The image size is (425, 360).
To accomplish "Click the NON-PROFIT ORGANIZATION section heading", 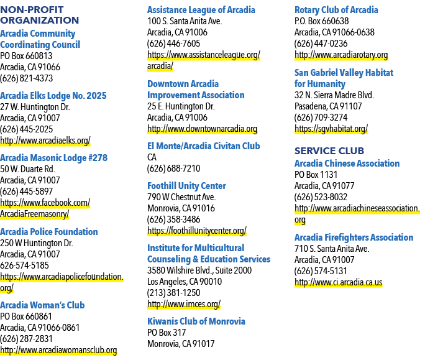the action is pos(40,15).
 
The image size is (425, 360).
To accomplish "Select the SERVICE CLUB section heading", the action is pos(329,151).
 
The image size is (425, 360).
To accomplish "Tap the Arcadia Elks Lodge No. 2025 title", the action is pos(53,96).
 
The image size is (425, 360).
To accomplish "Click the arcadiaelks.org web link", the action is pos(45,141).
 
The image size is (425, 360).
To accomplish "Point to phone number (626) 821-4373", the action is pos(27,78).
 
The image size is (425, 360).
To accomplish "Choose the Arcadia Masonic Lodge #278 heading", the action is pos(53,158).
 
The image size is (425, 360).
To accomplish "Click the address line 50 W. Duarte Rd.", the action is pos(27,169).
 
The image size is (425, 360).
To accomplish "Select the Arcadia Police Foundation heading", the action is pos(49,232).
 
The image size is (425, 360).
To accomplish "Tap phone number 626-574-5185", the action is pos(24,265).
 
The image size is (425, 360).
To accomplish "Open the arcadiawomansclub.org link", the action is pos(58,350).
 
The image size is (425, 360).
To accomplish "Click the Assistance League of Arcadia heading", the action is pos(201,10).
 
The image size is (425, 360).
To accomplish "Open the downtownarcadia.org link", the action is pos(202,129).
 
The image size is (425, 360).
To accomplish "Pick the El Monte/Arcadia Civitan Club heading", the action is pos(204,146).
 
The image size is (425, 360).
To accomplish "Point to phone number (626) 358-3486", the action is pos(174,219).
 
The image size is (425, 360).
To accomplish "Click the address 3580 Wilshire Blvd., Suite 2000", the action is pos(199,270).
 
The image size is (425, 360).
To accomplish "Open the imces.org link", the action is pos(184,304).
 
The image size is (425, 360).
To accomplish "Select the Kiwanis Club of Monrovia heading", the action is pos(196,321).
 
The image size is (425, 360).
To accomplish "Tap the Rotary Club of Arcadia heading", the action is pos(336,10).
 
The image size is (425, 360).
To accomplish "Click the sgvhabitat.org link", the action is pos(331,129).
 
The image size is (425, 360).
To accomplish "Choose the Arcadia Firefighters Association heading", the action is pos(354,238).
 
